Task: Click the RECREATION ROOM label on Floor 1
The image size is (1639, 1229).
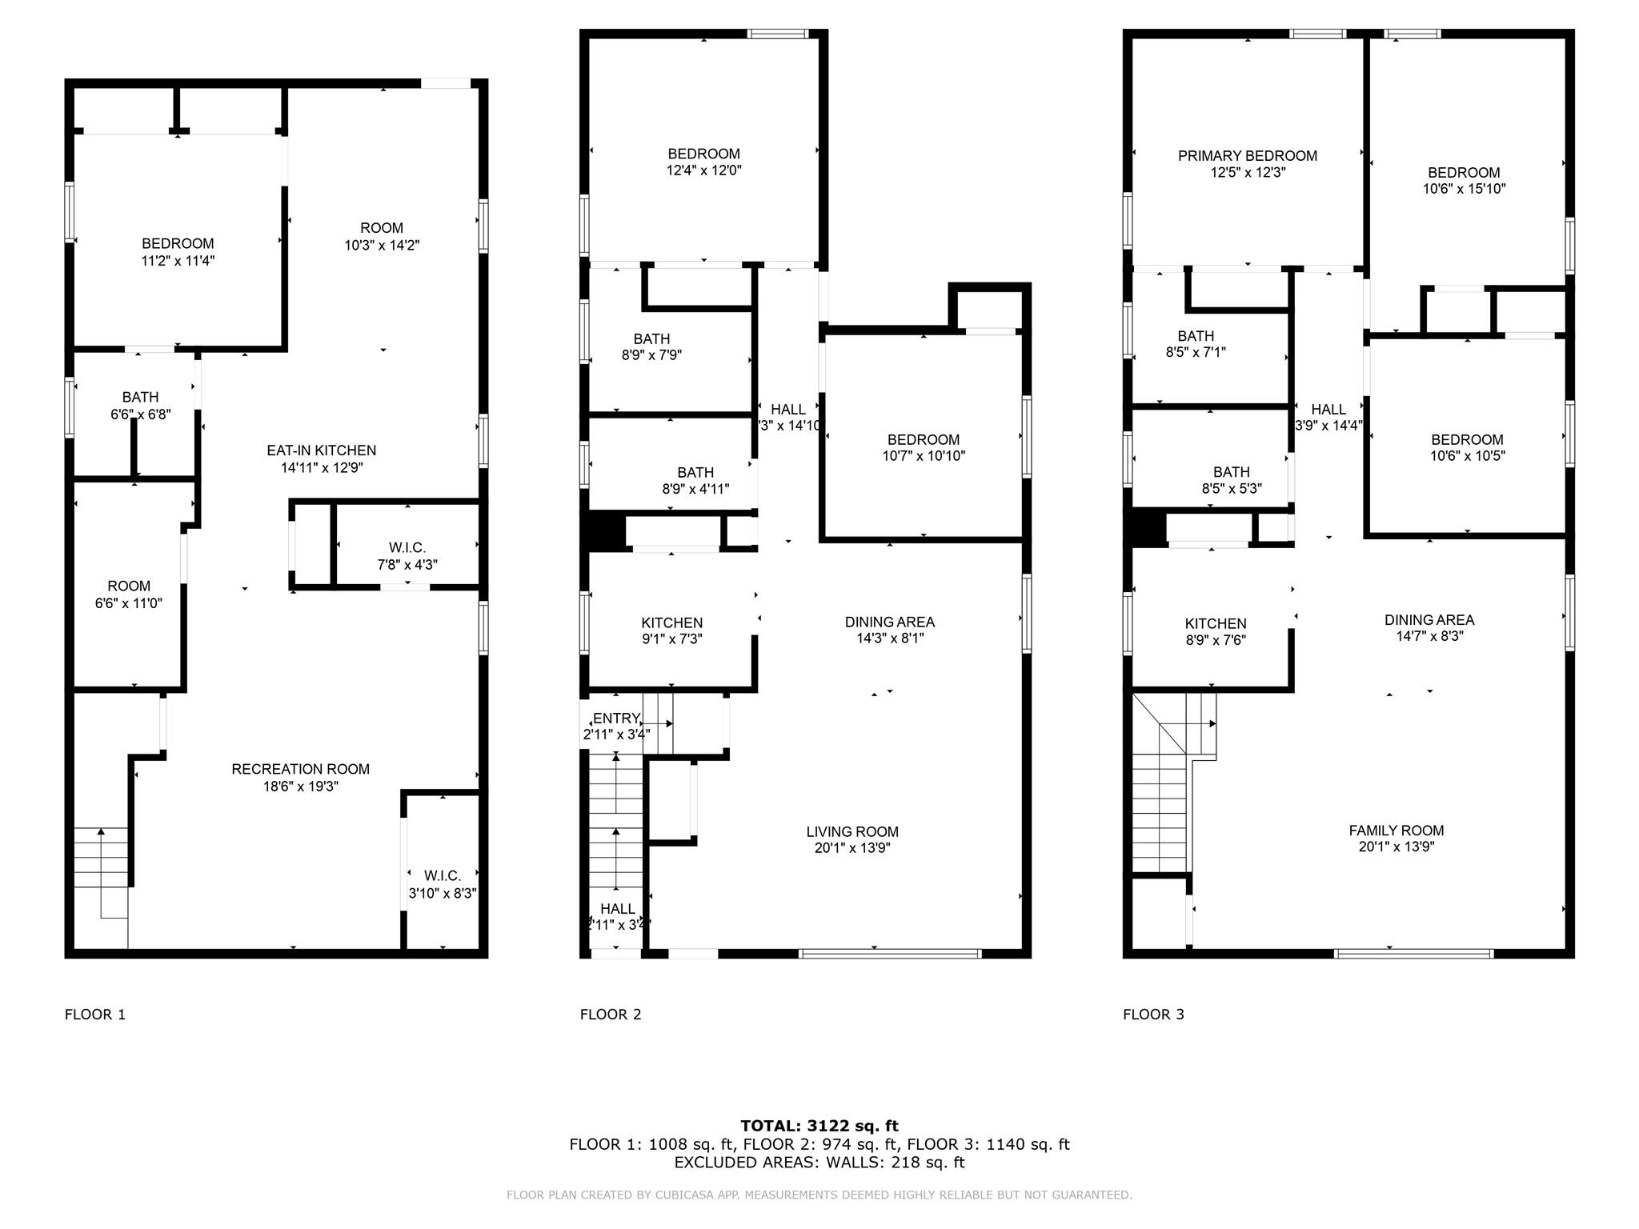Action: click(301, 769)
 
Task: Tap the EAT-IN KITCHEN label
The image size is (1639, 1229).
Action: click(321, 450)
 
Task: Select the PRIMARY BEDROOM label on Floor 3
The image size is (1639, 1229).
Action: click(1247, 156)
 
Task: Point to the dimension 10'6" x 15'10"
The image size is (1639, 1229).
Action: click(1464, 189)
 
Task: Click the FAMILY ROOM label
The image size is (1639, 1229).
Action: click(1396, 831)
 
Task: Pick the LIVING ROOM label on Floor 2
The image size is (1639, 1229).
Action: click(852, 831)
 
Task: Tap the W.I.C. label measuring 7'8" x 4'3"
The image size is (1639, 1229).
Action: click(407, 547)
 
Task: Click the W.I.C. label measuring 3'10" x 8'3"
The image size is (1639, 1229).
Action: click(443, 875)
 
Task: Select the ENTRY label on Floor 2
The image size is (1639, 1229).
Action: click(616, 719)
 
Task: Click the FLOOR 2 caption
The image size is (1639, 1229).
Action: click(611, 1015)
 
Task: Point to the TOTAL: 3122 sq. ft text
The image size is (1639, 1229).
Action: click(819, 1126)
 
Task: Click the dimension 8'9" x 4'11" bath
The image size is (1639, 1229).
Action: click(695, 489)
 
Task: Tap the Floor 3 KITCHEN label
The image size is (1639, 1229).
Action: click(1215, 623)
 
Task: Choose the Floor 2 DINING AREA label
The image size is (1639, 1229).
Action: click(889, 622)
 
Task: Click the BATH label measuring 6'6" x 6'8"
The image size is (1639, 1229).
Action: click(140, 397)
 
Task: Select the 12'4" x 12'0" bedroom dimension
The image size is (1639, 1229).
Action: click(703, 170)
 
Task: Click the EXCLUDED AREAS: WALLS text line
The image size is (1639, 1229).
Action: click(819, 1163)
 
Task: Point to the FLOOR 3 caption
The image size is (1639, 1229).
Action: click(1153, 1015)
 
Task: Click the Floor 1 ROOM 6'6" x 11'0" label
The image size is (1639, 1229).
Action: click(128, 586)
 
